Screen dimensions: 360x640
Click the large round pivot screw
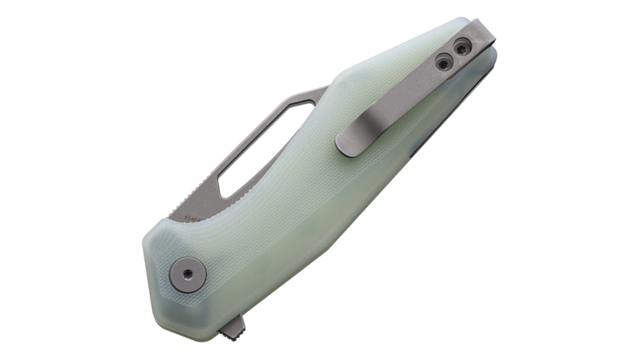point(188,274)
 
